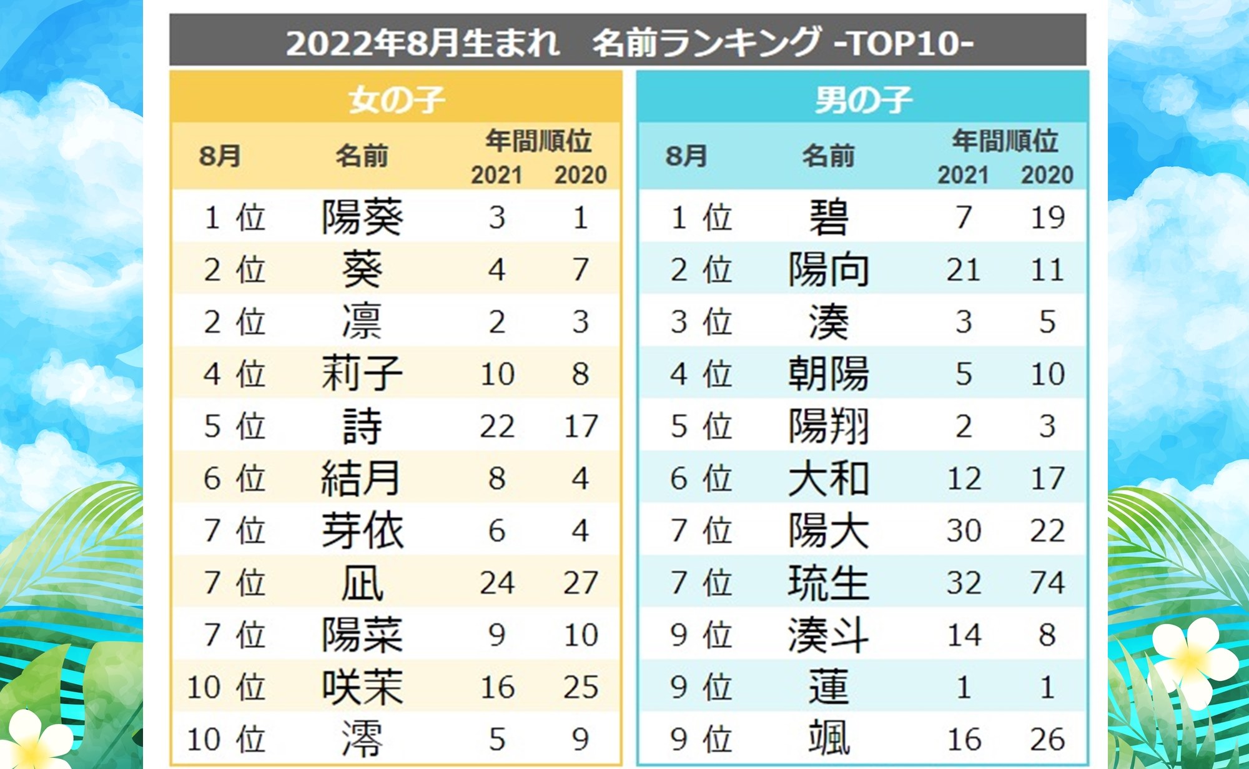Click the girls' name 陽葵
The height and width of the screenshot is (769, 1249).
click(x=362, y=217)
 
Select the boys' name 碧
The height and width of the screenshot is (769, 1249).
click(x=828, y=217)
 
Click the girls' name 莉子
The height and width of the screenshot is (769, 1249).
click(x=362, y=374)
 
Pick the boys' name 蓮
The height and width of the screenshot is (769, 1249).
click(x=828, y=687)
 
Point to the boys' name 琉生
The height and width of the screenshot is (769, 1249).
click(x=828, y=583)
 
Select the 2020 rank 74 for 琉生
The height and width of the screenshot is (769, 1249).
click(x=1047, y=583)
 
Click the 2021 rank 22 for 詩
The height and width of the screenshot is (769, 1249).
click(x=497, y=426)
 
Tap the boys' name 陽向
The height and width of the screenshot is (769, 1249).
click(x=828, y=270)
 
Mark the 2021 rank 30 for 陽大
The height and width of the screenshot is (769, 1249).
click(x=964, y=530)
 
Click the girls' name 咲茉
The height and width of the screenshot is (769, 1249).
click(x=362, y=687)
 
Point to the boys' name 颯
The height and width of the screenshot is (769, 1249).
click(x=828, y=739)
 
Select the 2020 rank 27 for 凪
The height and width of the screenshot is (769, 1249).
click(x=581, y=583)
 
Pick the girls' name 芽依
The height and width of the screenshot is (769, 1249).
click(x=362, y=530)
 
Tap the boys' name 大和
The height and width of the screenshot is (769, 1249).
click(x=828, y=479)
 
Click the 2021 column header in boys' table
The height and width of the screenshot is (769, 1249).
click(x=963, y=175)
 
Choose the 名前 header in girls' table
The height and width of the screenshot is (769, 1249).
click(x=362, y=156)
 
